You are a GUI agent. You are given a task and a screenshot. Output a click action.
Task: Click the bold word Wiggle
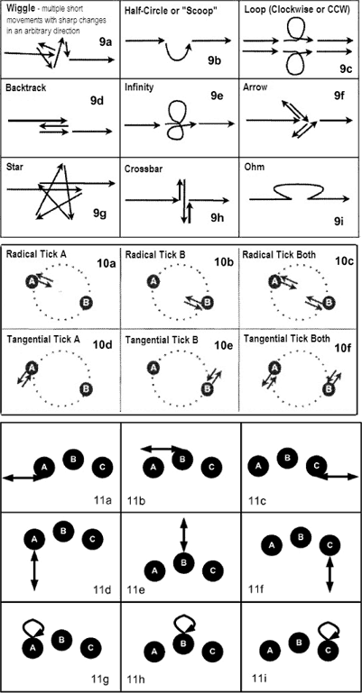point(17,9)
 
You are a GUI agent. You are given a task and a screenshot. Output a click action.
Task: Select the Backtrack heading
point(25,87)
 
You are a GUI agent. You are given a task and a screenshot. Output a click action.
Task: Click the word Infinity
point(139,87)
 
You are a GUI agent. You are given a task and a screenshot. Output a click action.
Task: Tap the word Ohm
point(252,168)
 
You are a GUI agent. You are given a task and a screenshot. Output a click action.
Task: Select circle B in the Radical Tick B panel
point(206,303)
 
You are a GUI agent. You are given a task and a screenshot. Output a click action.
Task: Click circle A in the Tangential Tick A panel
point(31,367)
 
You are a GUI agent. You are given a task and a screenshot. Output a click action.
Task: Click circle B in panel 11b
point(181,460)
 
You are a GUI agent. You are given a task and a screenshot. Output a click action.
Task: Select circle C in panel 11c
point(317,466)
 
